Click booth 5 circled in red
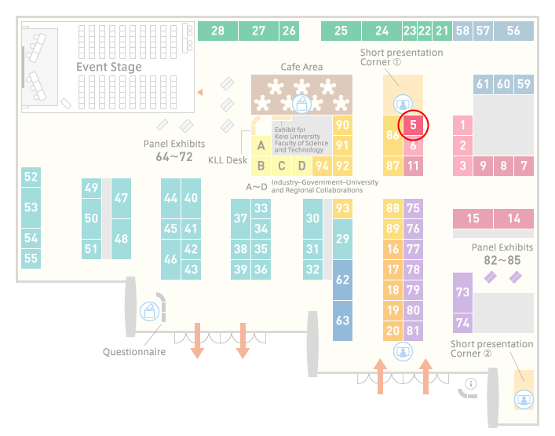(x=413, y=125)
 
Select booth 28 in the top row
(x=217, y=31)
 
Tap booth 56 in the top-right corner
(x=513, y=31)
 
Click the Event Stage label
(x=109, y=67)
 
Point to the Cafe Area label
(x=301, y=67)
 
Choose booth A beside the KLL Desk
(x=261, y=145)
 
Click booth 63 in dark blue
(x=342, y=321)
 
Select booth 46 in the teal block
(x=170, y=259)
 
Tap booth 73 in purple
(x=462, y=292)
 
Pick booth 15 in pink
(x=473, y=218)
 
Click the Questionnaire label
(x=134, y=352)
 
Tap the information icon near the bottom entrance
(x=471, y=383)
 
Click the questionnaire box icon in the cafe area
(x=301, y=104)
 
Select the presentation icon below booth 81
(x=403, y=351)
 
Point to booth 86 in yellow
(x=393, y=135)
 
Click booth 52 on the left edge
(x=31, y=177)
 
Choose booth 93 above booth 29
(x=342, y=208)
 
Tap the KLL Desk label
(x=228, y=160)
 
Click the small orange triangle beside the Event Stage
(x=200, y=92)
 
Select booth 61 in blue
(x=483, y=84)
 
